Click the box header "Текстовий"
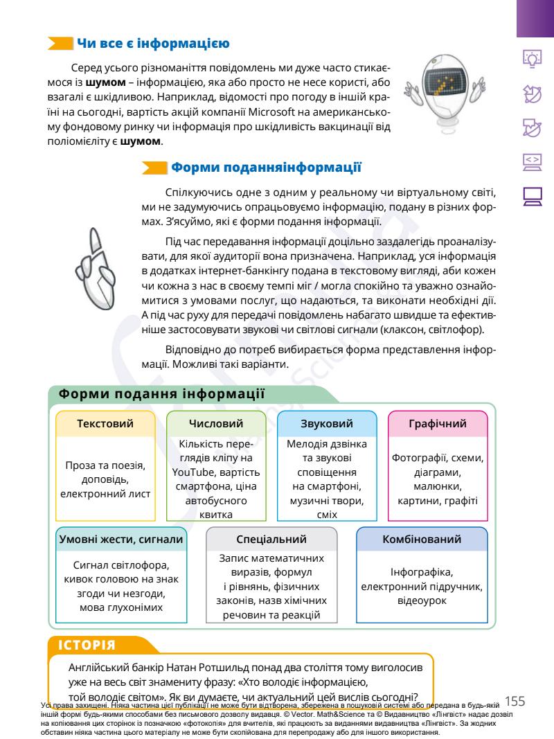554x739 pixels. click(105, 424)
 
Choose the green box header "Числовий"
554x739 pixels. click(216, 424)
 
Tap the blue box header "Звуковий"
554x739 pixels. click(328, 424)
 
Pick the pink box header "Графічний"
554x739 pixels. click(438, 424)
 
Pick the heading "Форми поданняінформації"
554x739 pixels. click(266, 167)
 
